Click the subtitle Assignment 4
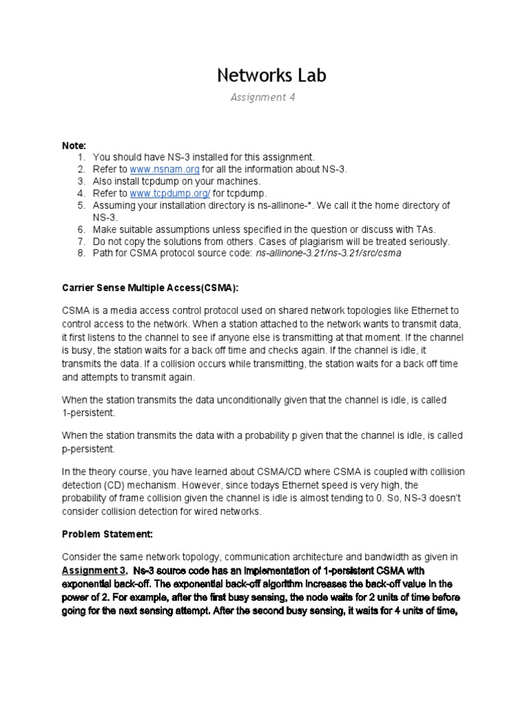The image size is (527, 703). [x=263, y=97]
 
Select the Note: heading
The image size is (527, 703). [x=74, y=146]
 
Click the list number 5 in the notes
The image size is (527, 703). [x=80, y=205]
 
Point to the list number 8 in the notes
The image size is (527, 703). [x=80, y=253]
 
